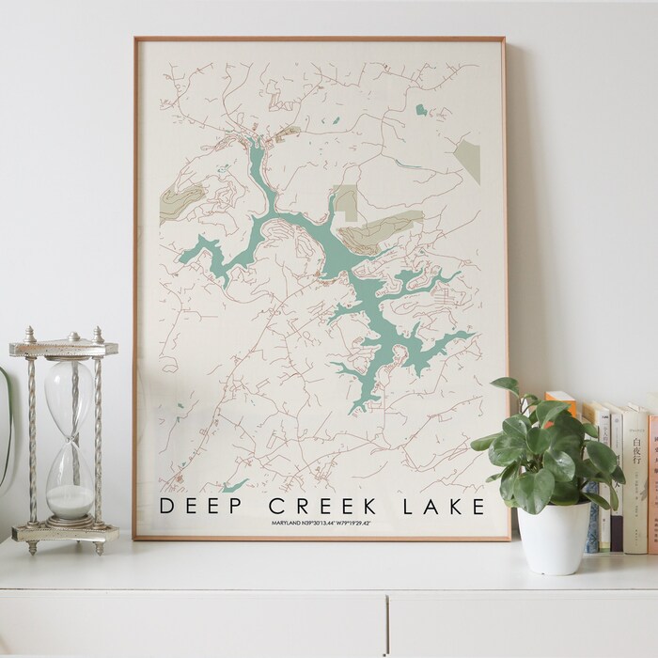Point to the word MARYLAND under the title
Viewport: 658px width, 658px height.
point(290,523)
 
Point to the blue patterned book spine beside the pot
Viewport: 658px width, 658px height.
point(592,526)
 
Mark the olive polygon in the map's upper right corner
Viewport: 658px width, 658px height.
point(468,160)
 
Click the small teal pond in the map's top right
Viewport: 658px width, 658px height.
point(421,110)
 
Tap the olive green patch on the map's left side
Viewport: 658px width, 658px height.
point(181,201)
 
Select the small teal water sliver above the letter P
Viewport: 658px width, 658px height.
point(235,485)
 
